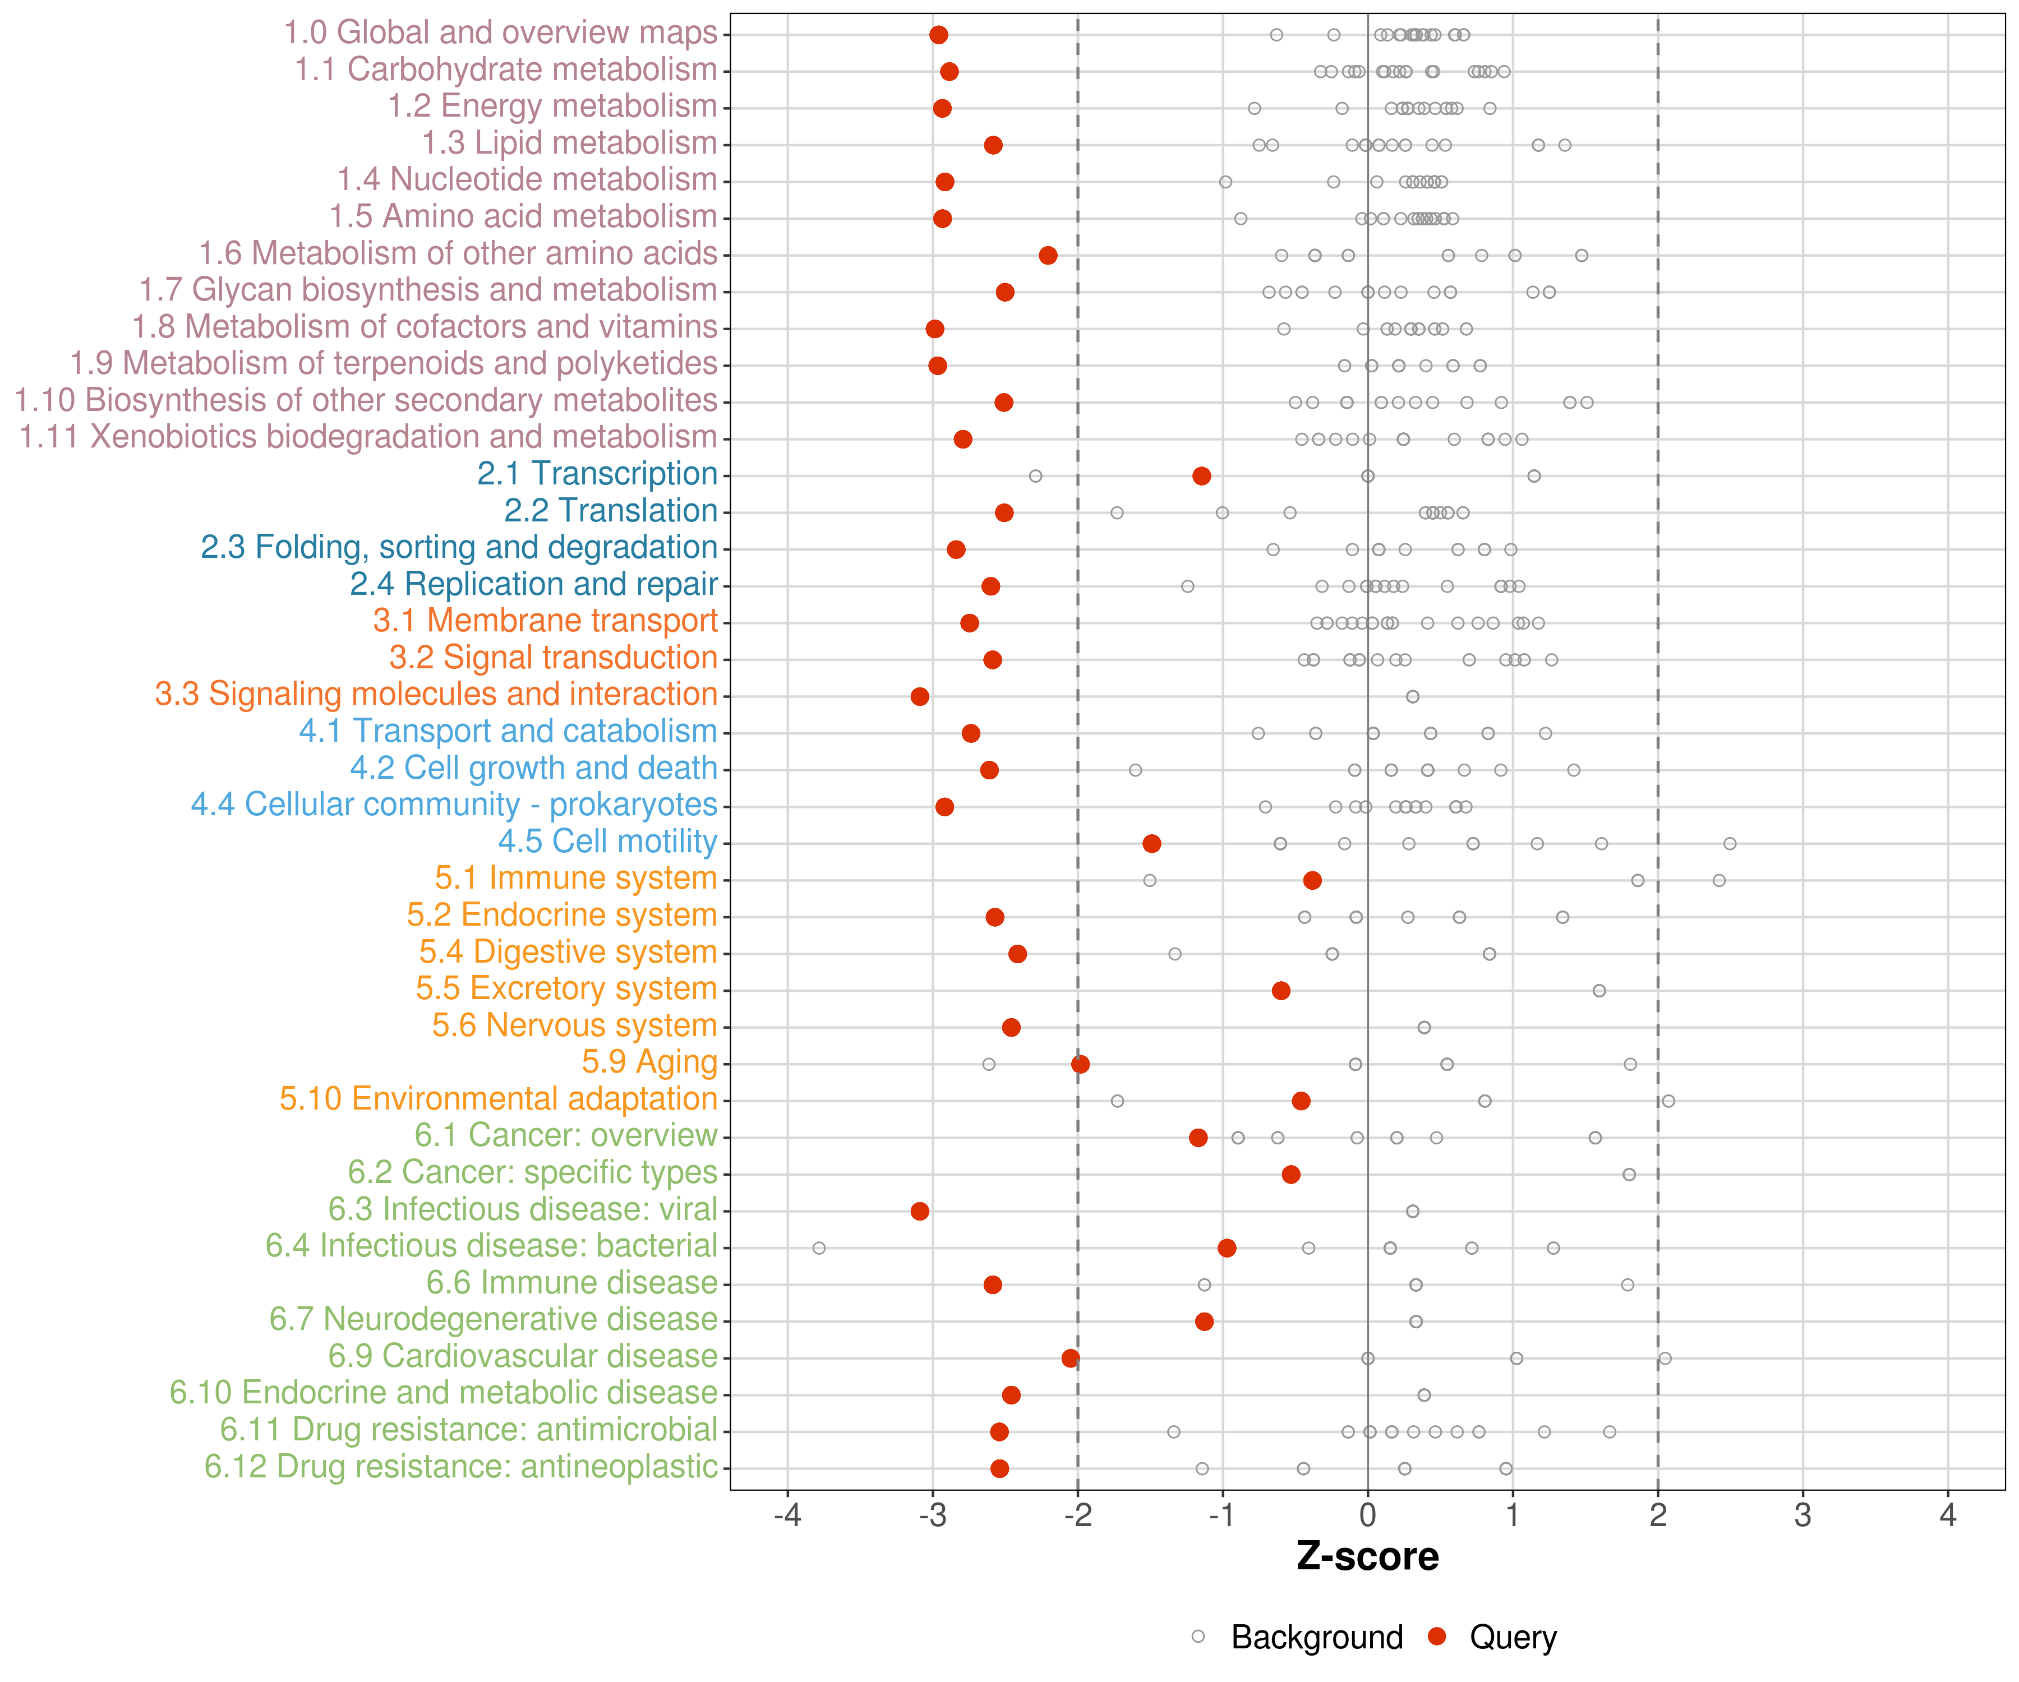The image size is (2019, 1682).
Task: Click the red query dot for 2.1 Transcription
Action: coord(1202,476)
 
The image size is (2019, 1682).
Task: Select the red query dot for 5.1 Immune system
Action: coord(1312,880)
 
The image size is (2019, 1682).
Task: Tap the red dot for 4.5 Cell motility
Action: coord(1152,844)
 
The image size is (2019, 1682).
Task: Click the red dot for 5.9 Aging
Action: coord(1081,1064)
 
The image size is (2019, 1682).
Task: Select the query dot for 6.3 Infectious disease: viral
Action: coord(920,1211)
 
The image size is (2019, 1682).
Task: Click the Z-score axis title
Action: coord(1367,1557)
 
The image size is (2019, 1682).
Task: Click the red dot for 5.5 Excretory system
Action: coord(1282,991)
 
